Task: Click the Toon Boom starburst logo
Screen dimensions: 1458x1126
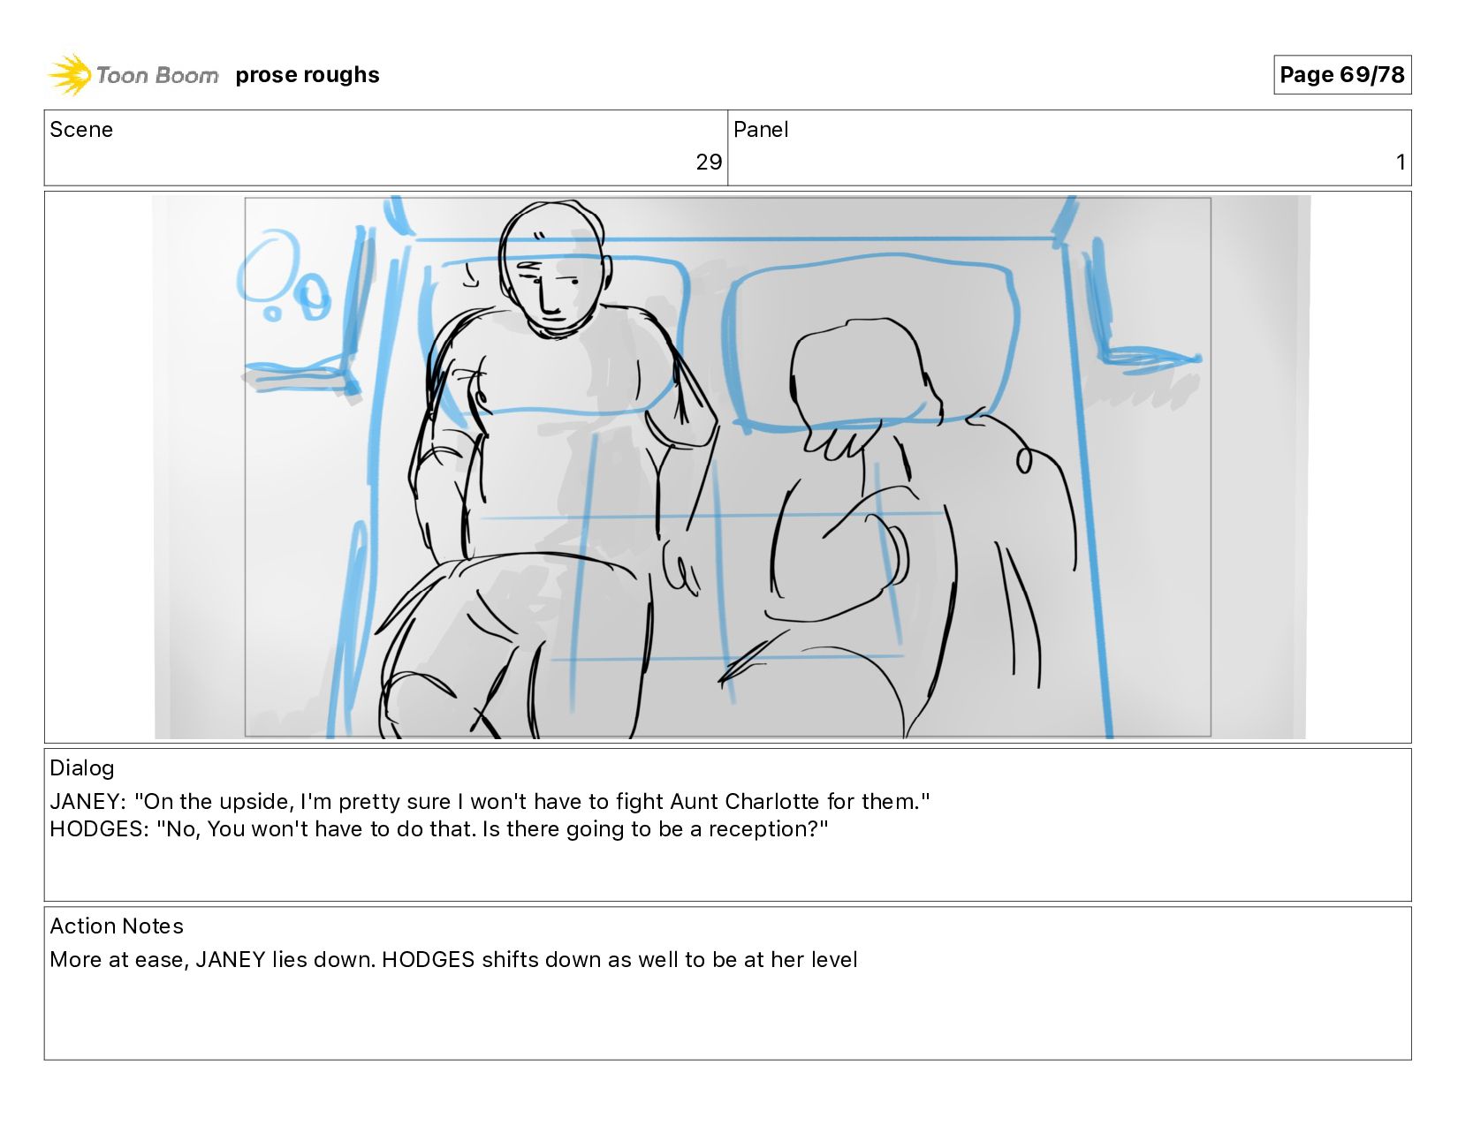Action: click(x=70, y=74)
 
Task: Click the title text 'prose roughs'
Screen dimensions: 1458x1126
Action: click(x=308, y=74)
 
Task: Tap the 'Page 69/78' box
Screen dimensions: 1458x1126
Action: click(x=1342, y=74)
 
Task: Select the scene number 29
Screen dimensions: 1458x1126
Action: click(x=709, y=162)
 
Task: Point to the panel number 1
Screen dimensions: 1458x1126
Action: click(x=1401, y=162)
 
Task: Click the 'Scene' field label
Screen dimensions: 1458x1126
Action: click(x=81, y=130)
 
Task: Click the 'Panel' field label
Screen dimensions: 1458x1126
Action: click(x=760, y=130)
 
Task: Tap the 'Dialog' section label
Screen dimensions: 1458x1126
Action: click(x=82, y=767)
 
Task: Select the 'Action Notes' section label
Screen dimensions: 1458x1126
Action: click(x=117, y=926)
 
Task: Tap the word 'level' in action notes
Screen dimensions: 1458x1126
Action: click(x=834, y=960)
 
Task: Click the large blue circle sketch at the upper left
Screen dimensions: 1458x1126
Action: click(x=268, y=266)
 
